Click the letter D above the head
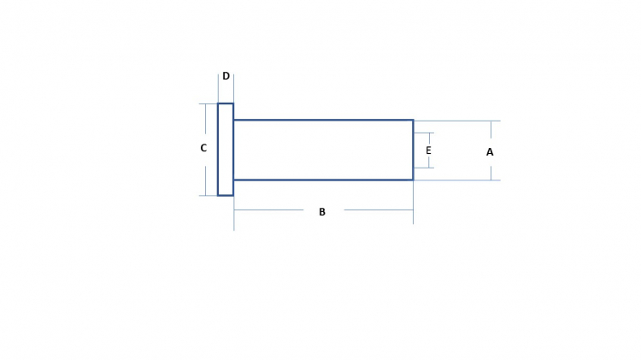pos(226,76)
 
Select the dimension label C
pos(203,148)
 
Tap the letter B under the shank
pos(322,212)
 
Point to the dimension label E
pos(428,150)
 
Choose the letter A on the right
pos(490,152)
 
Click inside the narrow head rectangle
pos(226,150)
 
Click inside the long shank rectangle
pos(323,150)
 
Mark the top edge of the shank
pos(323,120)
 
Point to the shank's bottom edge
pos(323,180)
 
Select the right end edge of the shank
pos(413,150)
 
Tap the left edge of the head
pos(218,150)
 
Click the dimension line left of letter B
pos(268,210)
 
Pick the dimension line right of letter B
pos(379,210)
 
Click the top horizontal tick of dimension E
pos(424,133)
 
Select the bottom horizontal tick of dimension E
pos(424,168)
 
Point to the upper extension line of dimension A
pos(457,121)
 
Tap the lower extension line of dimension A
pos(457,180)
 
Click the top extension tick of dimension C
pos(208,104)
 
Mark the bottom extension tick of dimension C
pos(208,196)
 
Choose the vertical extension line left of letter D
pos(218,88)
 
